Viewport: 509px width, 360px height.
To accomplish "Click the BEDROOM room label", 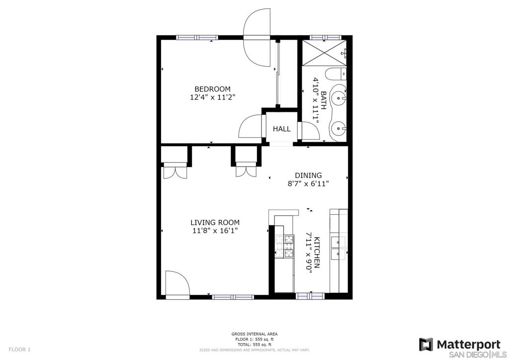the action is (x=212, y=89).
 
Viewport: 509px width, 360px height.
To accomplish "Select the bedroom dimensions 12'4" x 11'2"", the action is (x=212, y=97).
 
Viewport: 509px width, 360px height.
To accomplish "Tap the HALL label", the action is (x=281, y=129).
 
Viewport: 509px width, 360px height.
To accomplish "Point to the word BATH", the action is (x=323, y=98).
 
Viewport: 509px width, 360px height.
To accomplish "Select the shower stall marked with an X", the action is (x=325, y=53).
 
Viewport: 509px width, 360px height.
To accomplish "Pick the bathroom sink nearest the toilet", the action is (x=339, y=97).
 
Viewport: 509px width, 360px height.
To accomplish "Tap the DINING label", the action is (x=308, y=176).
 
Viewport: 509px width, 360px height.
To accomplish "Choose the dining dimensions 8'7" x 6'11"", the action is (x=308, y=183).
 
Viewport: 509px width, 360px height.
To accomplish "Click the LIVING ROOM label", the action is (x=215, y=223).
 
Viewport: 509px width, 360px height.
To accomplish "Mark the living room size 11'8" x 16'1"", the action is (x=215, y=231).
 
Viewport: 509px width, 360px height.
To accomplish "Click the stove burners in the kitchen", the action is (x=284, y=246).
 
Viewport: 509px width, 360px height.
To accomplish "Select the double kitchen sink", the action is (x=338, y=248).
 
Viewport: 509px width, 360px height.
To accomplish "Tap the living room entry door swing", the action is (x=177, y=283).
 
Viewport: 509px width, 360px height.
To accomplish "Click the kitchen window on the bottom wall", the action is (x=310, y=296).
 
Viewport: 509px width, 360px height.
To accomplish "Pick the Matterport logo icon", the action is (x=425, y=345).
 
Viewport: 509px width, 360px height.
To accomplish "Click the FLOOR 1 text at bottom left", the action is (x=19, y=350).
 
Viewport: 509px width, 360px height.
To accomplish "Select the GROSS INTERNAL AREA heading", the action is (x=254, y=334).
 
